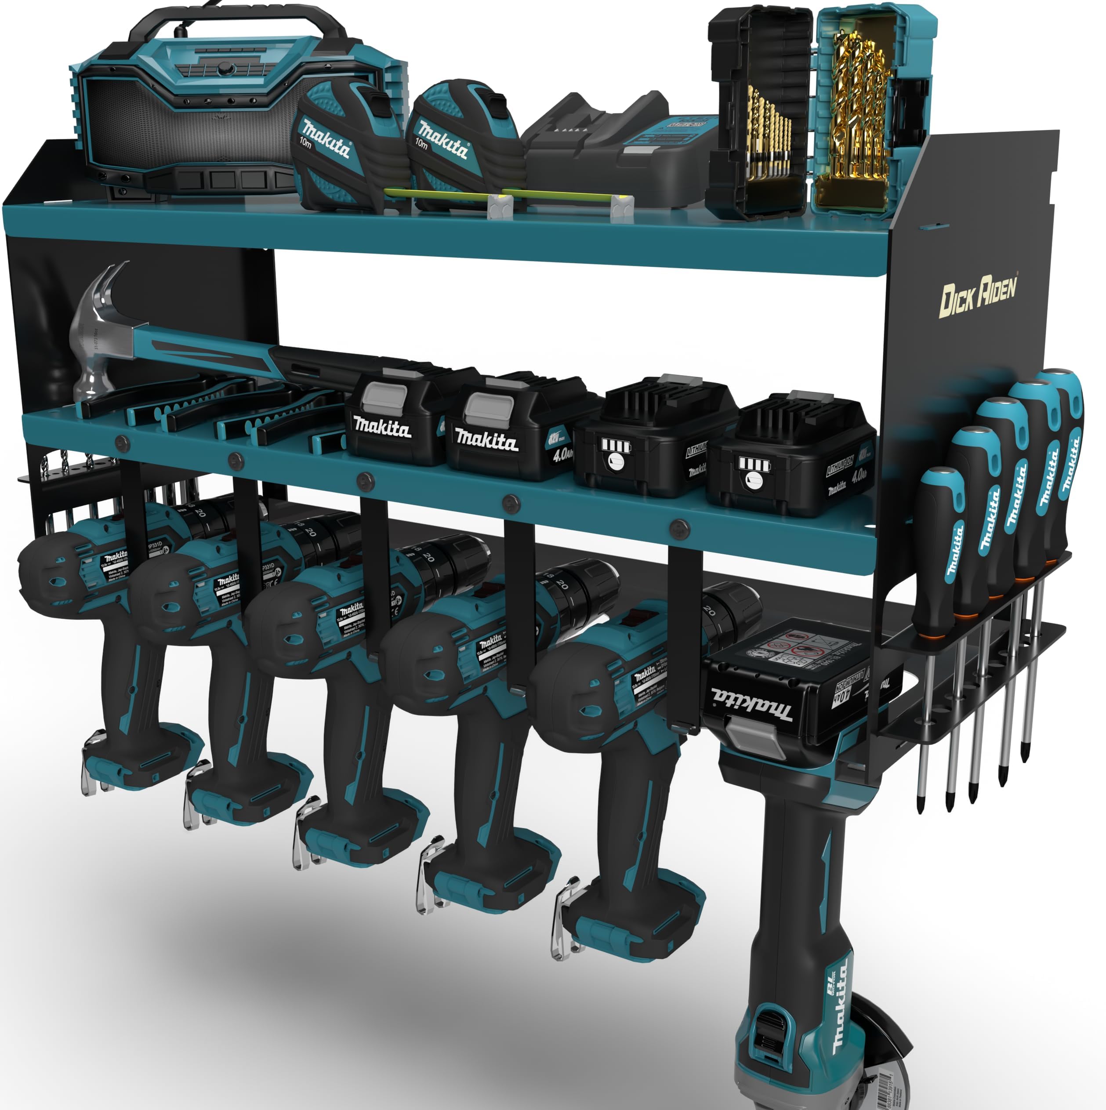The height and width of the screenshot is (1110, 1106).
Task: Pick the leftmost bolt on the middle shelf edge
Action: coord(122,443)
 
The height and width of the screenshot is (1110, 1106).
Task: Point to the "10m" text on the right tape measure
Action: coord(422,143)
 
